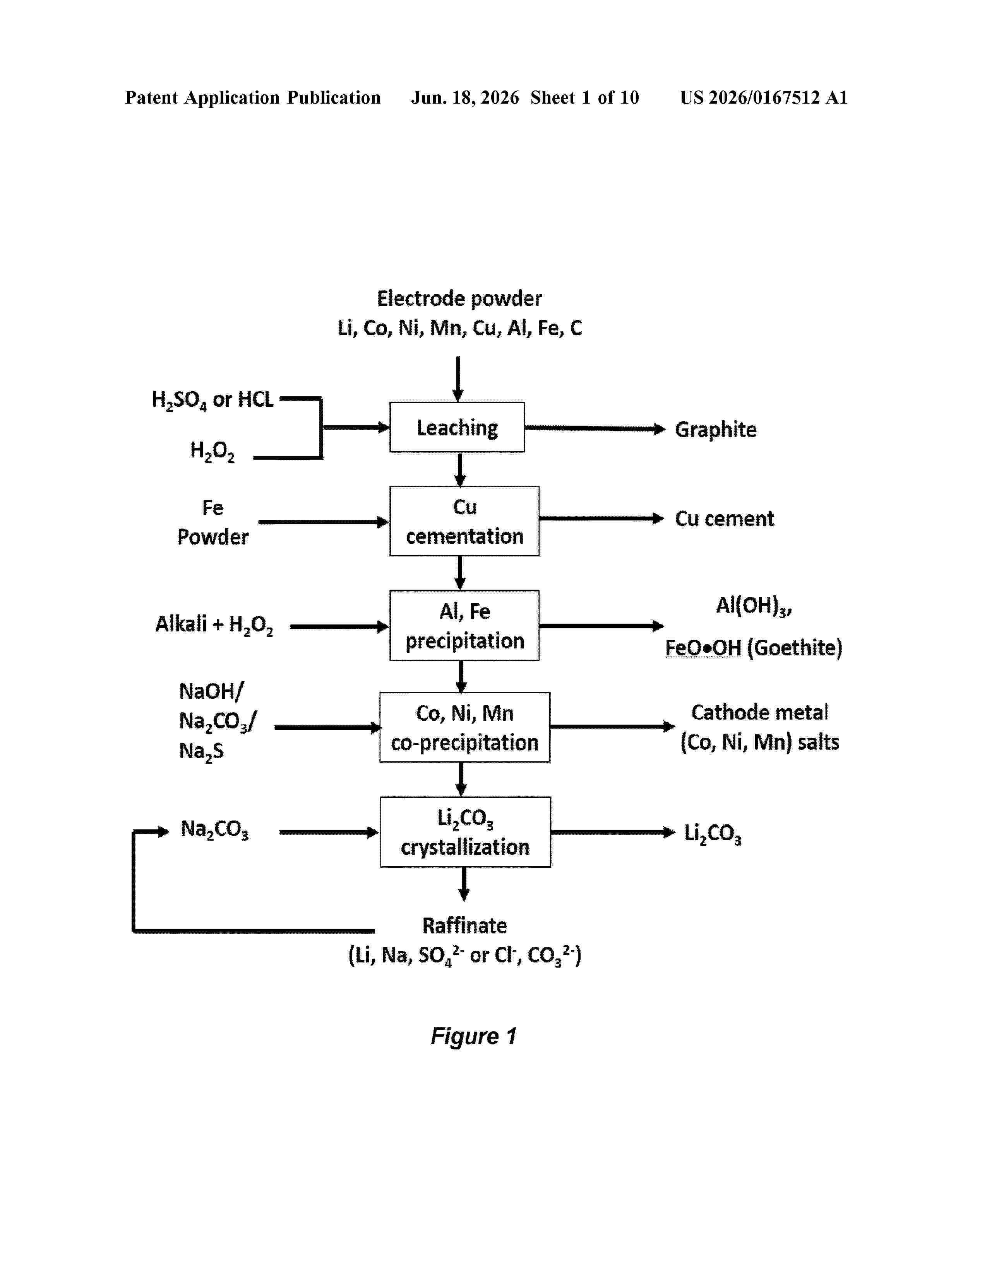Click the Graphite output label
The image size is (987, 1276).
tap(716, 430)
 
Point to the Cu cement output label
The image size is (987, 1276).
tap(725, 519)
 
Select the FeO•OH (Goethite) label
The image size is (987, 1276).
tap(754, 648)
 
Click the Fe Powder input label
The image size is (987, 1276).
tap(213, 522)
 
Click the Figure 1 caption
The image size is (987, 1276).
tap(474, 1036)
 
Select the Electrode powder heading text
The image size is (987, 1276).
tap(459, 299)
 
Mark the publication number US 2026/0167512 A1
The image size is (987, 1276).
tap(764, 97)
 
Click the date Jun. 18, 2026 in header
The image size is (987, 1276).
tap(465, 97)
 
